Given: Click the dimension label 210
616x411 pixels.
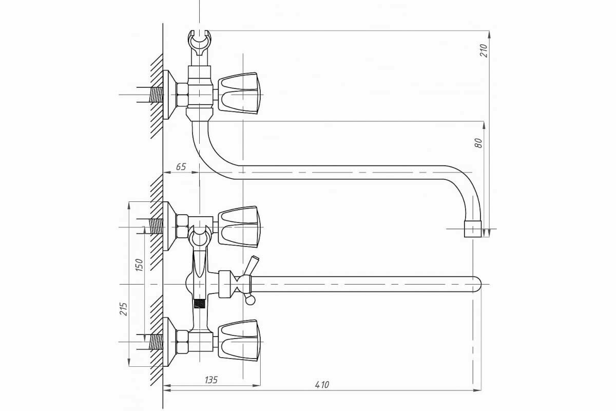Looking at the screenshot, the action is click(484, 51).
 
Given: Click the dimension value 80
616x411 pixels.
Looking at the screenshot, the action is click(478, 143).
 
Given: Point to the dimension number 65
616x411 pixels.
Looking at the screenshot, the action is click(181, 167).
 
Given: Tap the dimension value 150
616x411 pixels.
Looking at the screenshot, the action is click(140, 265).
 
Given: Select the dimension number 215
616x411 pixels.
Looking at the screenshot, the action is click(124, 309).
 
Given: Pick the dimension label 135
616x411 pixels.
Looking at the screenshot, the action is click(211, 380).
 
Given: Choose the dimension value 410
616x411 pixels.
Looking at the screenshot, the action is click(322, 385).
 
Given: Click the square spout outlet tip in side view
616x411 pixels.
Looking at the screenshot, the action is click(473, 229).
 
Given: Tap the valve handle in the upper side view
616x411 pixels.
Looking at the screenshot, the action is click(239, 93).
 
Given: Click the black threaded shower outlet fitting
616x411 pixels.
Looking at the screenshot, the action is click(199, 304).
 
